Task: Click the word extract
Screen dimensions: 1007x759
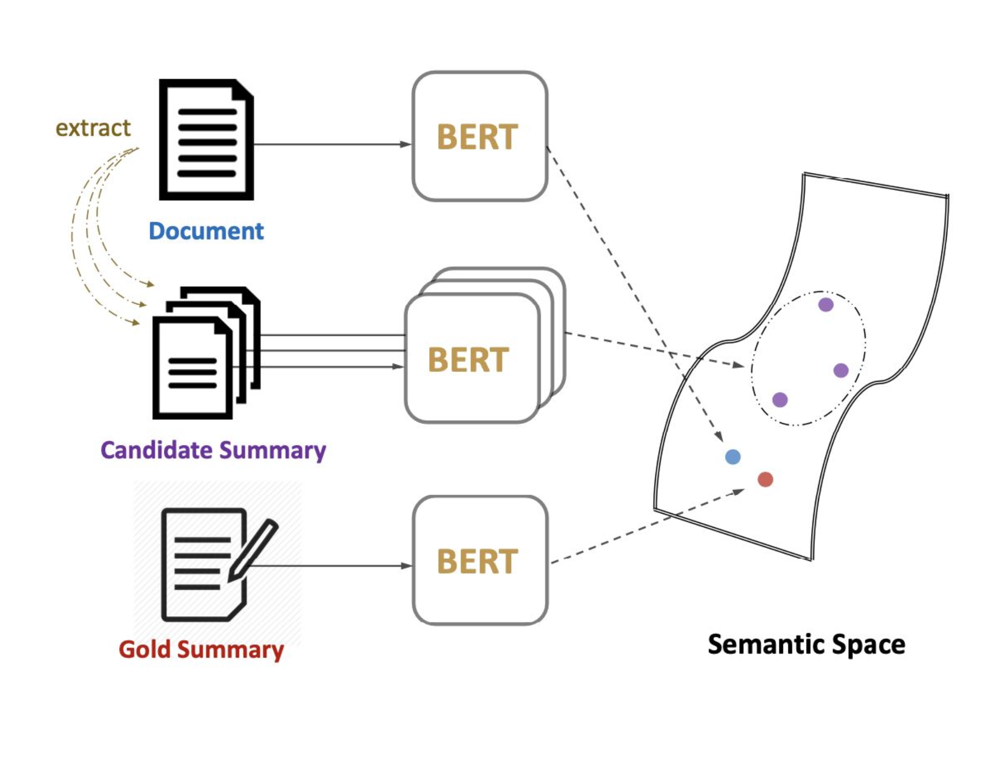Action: [93, 128]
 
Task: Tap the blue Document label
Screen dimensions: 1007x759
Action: [206, 231]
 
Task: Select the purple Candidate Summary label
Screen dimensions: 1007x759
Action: [214, 450]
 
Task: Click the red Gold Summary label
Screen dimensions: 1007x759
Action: [202, 649]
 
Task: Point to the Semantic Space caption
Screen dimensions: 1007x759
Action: [807, 645]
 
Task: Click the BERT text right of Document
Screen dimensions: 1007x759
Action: [477, 137]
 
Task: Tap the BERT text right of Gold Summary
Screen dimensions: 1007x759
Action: [477, 561]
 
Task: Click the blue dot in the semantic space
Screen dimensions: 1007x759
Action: [733, 457]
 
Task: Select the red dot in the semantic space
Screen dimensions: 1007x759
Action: [765, 480]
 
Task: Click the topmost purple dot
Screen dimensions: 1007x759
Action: [826, 305]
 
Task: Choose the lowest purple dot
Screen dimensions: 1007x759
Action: [780, 400]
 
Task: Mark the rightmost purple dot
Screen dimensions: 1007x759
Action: [841, 371]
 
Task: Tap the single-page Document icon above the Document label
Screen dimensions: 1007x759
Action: [207, 140]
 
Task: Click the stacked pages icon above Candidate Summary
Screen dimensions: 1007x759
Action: [207, 353]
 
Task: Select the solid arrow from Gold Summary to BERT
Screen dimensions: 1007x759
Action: [332, 566]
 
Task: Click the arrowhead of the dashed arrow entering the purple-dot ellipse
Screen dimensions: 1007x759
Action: [738, 364]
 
